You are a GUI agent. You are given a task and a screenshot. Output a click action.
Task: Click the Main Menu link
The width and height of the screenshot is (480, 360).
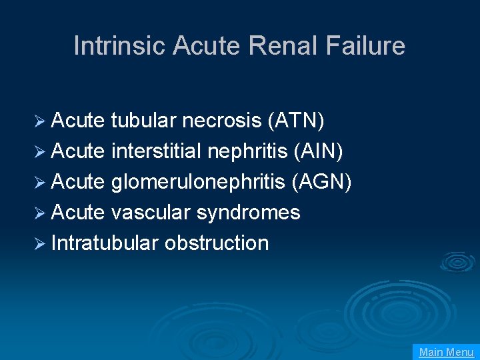point(446,352)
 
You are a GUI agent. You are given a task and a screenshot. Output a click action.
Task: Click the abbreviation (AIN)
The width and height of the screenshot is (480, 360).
point(318,151)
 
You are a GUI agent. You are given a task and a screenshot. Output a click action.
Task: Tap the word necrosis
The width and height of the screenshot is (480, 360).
point(222,121)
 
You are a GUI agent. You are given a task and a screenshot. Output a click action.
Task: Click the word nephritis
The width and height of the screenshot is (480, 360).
point(248,151)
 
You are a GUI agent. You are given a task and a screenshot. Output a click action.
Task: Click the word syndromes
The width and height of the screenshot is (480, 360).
point(248,213)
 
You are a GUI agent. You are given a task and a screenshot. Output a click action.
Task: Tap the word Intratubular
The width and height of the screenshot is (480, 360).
point(105,243)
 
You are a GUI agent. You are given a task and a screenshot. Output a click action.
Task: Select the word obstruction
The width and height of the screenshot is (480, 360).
point(217,243)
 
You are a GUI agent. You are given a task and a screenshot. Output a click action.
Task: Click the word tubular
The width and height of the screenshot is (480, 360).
point(144,121)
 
